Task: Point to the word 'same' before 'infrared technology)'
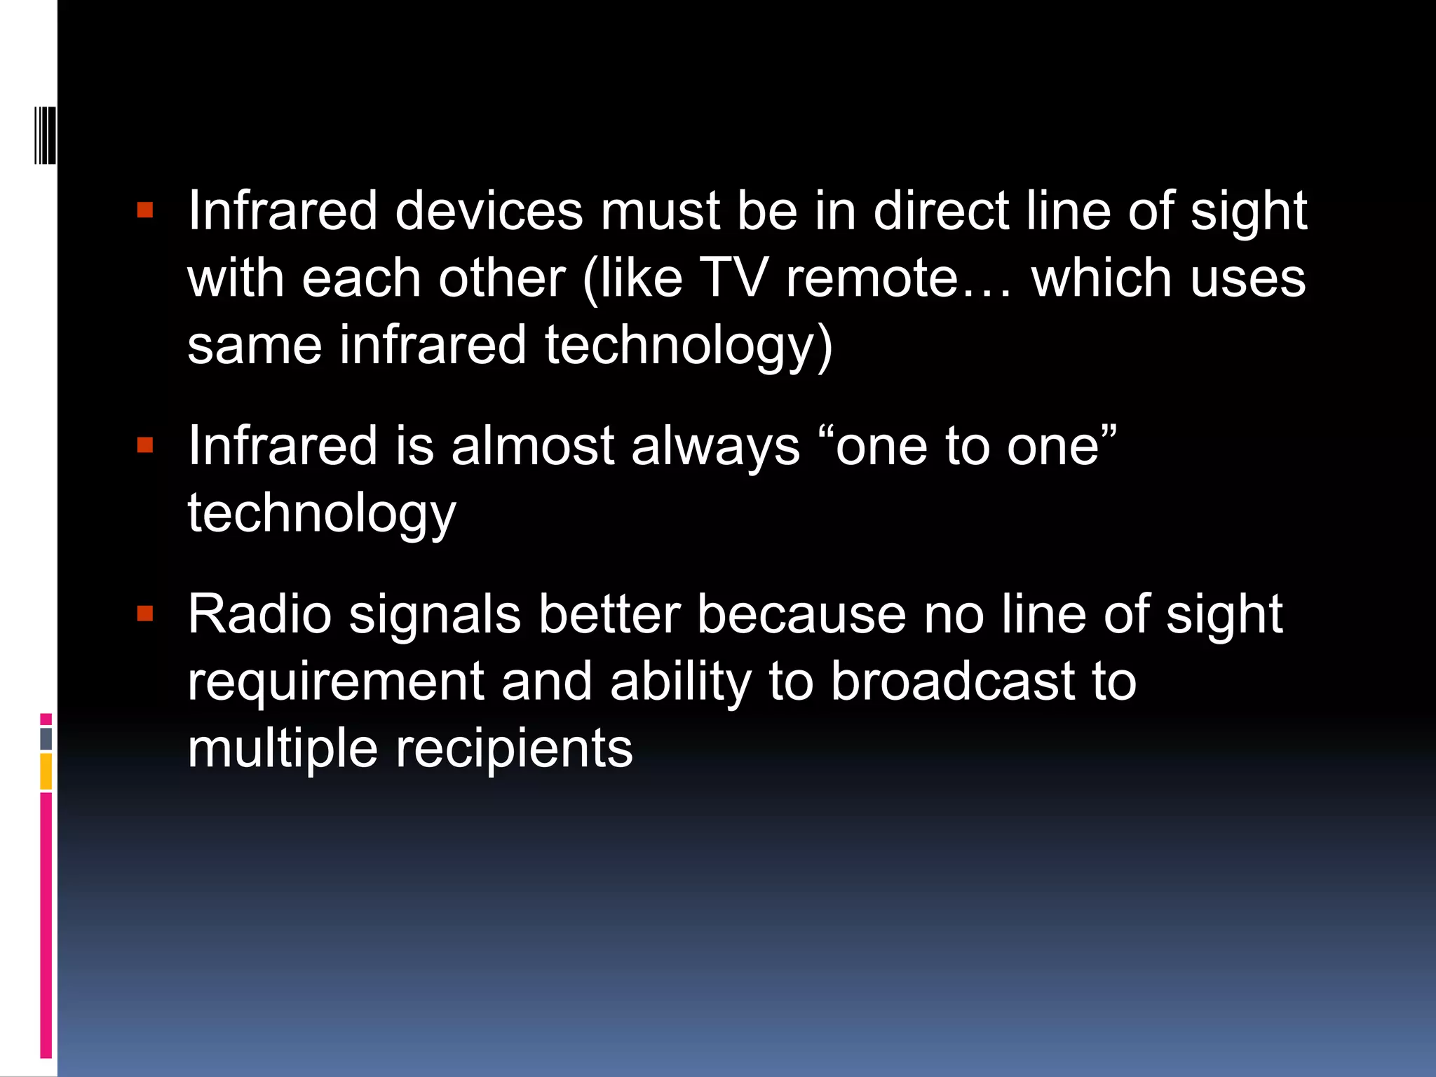pyautogui.click(x=255, y=345)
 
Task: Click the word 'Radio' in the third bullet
pyautogui.click(x=259, y=614)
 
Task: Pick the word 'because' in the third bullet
pyautogui.click(x=801, y=614)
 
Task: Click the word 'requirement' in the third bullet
pyautogui.click(x=336, y=682)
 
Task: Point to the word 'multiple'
pyautogui.click(x=283, y=749)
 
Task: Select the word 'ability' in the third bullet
pyautogui.click(x=681, y=682)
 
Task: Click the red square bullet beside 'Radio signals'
pyautogui.click(x=145, y=614)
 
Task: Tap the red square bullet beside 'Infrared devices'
pyautogui.click(x=145, y=210)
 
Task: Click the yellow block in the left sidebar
pyautogui.click(x=46, y=771)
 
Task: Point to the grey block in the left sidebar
pyautogui.click(x=46, y=738)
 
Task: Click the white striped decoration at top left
pyautogui.click(x=45, y=135)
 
